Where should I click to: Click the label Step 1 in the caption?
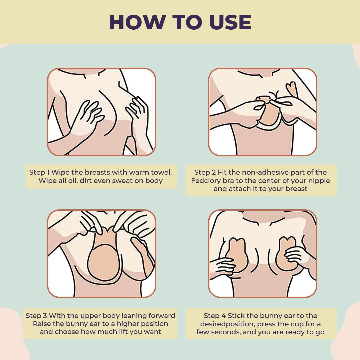coord(39,172)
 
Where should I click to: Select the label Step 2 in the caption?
coord(205,172)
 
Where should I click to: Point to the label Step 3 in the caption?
coord(36,316)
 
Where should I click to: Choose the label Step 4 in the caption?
coord(215,316)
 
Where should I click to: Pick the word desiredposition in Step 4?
coord(226,324)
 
